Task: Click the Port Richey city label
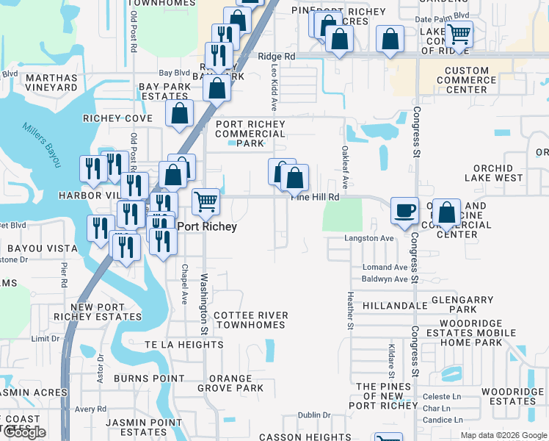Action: pyautogui.click(x=208, y=227)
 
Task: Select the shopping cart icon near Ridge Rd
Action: pyautogui.click(x=459, y=34)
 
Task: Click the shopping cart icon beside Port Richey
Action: pyautogui.click(x=206, y=201)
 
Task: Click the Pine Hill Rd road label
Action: pyautogui.click(x=316, y=197)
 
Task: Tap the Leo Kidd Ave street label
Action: pyautogui.click(x=274, y=87)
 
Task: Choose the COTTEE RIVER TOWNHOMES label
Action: pyautogui.click(x=251, y=320)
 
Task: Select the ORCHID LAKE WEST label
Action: pyautogui.click(x=494, y=173)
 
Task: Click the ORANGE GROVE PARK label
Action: pyautogui.click(x=230, y=383)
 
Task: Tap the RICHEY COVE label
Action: pyautogui.click(x=117, y=118)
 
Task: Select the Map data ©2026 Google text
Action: pyautogui.click(x=503, y=435)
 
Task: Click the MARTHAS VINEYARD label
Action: pyautogui.click(x=51, y=82)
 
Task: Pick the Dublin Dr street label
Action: pyautogui.click(x=314, y=415)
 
